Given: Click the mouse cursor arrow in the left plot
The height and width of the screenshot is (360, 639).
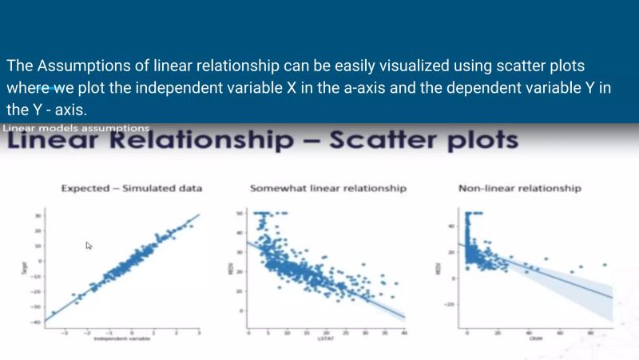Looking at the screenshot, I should click(89, 246).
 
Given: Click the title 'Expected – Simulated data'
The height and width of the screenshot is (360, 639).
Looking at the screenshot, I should click(132, 188).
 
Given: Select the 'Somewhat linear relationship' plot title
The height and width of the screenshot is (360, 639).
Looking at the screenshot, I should click(327, 188).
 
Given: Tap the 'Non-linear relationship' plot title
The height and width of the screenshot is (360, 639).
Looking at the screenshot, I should click(519, 188).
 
